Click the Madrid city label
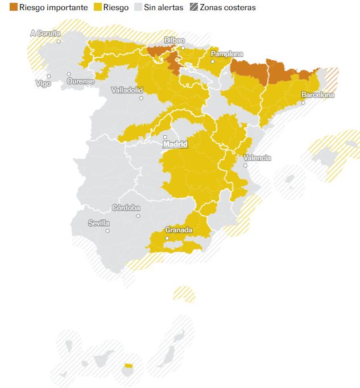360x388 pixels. [x=175, y=144]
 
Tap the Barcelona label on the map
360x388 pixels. [x=318, y=95]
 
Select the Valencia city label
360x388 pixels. [x=257, y=158]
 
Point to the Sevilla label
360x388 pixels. [x=99, y=223]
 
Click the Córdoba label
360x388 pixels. [x=126, y=208]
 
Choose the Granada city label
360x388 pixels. [x=179, y=230]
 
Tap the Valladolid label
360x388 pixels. [x=127, y=90]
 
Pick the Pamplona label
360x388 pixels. [x=227, y=54]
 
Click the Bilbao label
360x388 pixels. [x=175, y=40]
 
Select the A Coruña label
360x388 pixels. [x=45, y=34]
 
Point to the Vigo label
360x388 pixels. [x=43, y=84]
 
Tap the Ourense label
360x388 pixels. [x=81, y=81]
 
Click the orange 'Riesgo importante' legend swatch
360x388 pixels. [x=14, y=7]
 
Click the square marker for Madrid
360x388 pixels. [x=165, y=137]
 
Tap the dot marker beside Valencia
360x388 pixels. [x=245, y=165]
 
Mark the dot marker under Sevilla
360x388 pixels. [x=107, y=231]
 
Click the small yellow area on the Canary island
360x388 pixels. [x=128, y=365]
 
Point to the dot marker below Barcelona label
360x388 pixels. [x=303, y=103]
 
